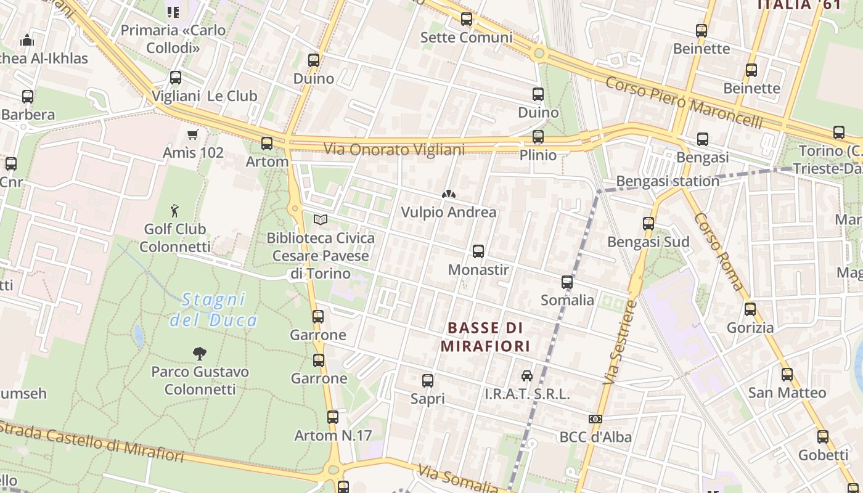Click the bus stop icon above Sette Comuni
click(467, 19)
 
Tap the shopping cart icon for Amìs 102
click(193, 134)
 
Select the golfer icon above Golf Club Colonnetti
click(175, 211)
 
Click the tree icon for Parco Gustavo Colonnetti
click(199, 354)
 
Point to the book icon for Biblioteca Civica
click(321, 219)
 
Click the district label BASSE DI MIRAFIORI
click(485, 336)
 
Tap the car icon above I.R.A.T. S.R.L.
click(527, 376)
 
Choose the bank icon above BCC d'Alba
click(595, 419)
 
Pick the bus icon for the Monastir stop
click(478, 251)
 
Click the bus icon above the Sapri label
click(428, 381)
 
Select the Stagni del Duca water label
click(213, 310)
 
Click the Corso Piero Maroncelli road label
click(684, 102)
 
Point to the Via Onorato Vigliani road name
click(395, 149)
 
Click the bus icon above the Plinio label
click(538, 137)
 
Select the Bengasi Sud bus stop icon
click(648, 224)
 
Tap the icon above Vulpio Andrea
click(448, 194)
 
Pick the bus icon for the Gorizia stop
click(750, 309)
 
